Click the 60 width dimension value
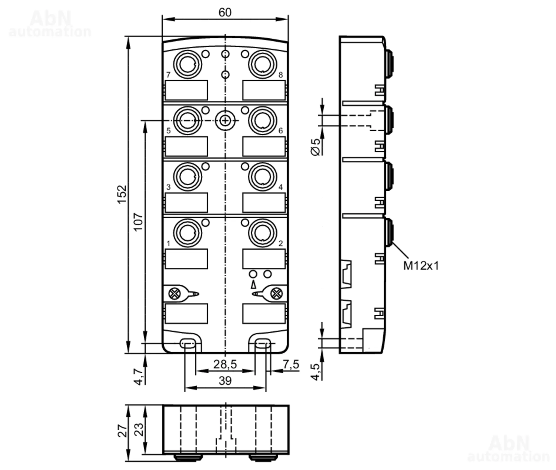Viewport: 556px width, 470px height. [x=225, y=13]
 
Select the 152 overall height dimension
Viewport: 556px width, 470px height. [x=122, y=194]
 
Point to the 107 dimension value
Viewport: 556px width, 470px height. [x=138, y=222]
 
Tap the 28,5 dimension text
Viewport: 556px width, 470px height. [x=225, y=364]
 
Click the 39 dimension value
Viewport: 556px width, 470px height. [x=225, y=381]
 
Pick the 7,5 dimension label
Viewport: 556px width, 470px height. [x=291, y=364]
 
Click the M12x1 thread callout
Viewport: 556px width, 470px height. [x=421, y=266]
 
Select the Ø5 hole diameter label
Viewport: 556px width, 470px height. [x=316, y=147]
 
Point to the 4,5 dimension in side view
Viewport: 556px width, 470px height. [x=316, y=372]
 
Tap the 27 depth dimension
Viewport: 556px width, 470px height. [x=122, y=431]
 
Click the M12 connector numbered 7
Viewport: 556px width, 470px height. [x=187, y=64]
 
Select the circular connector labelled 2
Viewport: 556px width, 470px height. [x=262, y=233]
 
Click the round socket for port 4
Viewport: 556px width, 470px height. [x=262, y=176]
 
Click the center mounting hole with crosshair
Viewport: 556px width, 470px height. [x=225, y=121]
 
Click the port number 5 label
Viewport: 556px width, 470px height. [x=168, y=131]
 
